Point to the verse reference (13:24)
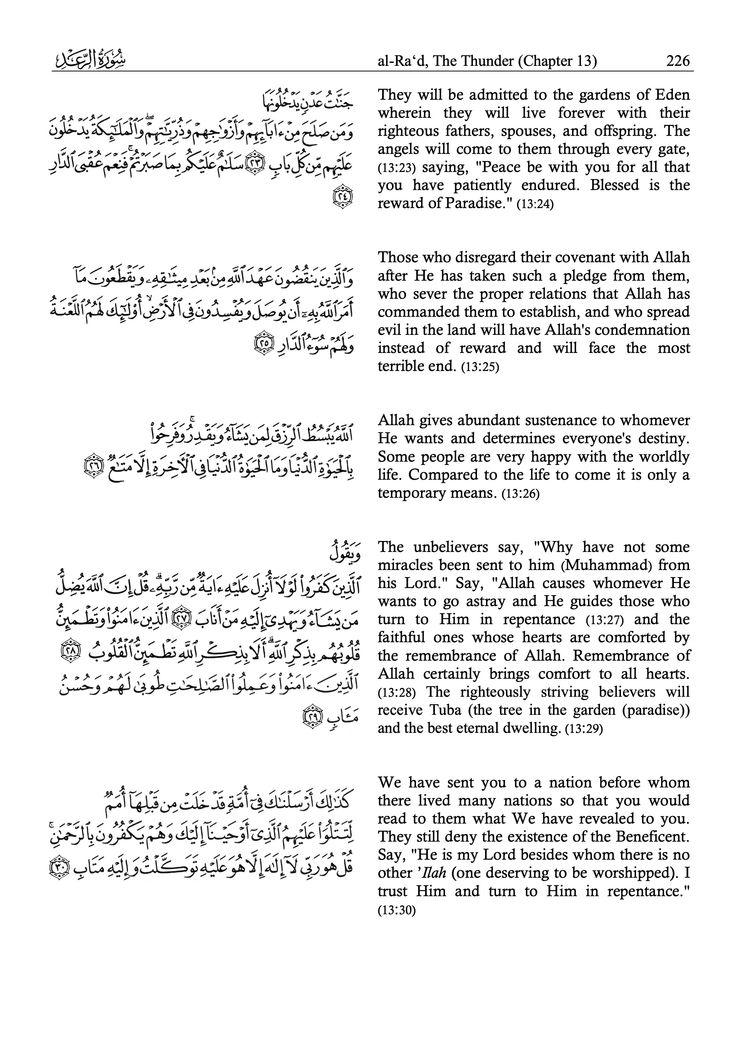coord(535,204)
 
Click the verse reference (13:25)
coord(480,367)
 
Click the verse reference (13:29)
coord(584,729)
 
